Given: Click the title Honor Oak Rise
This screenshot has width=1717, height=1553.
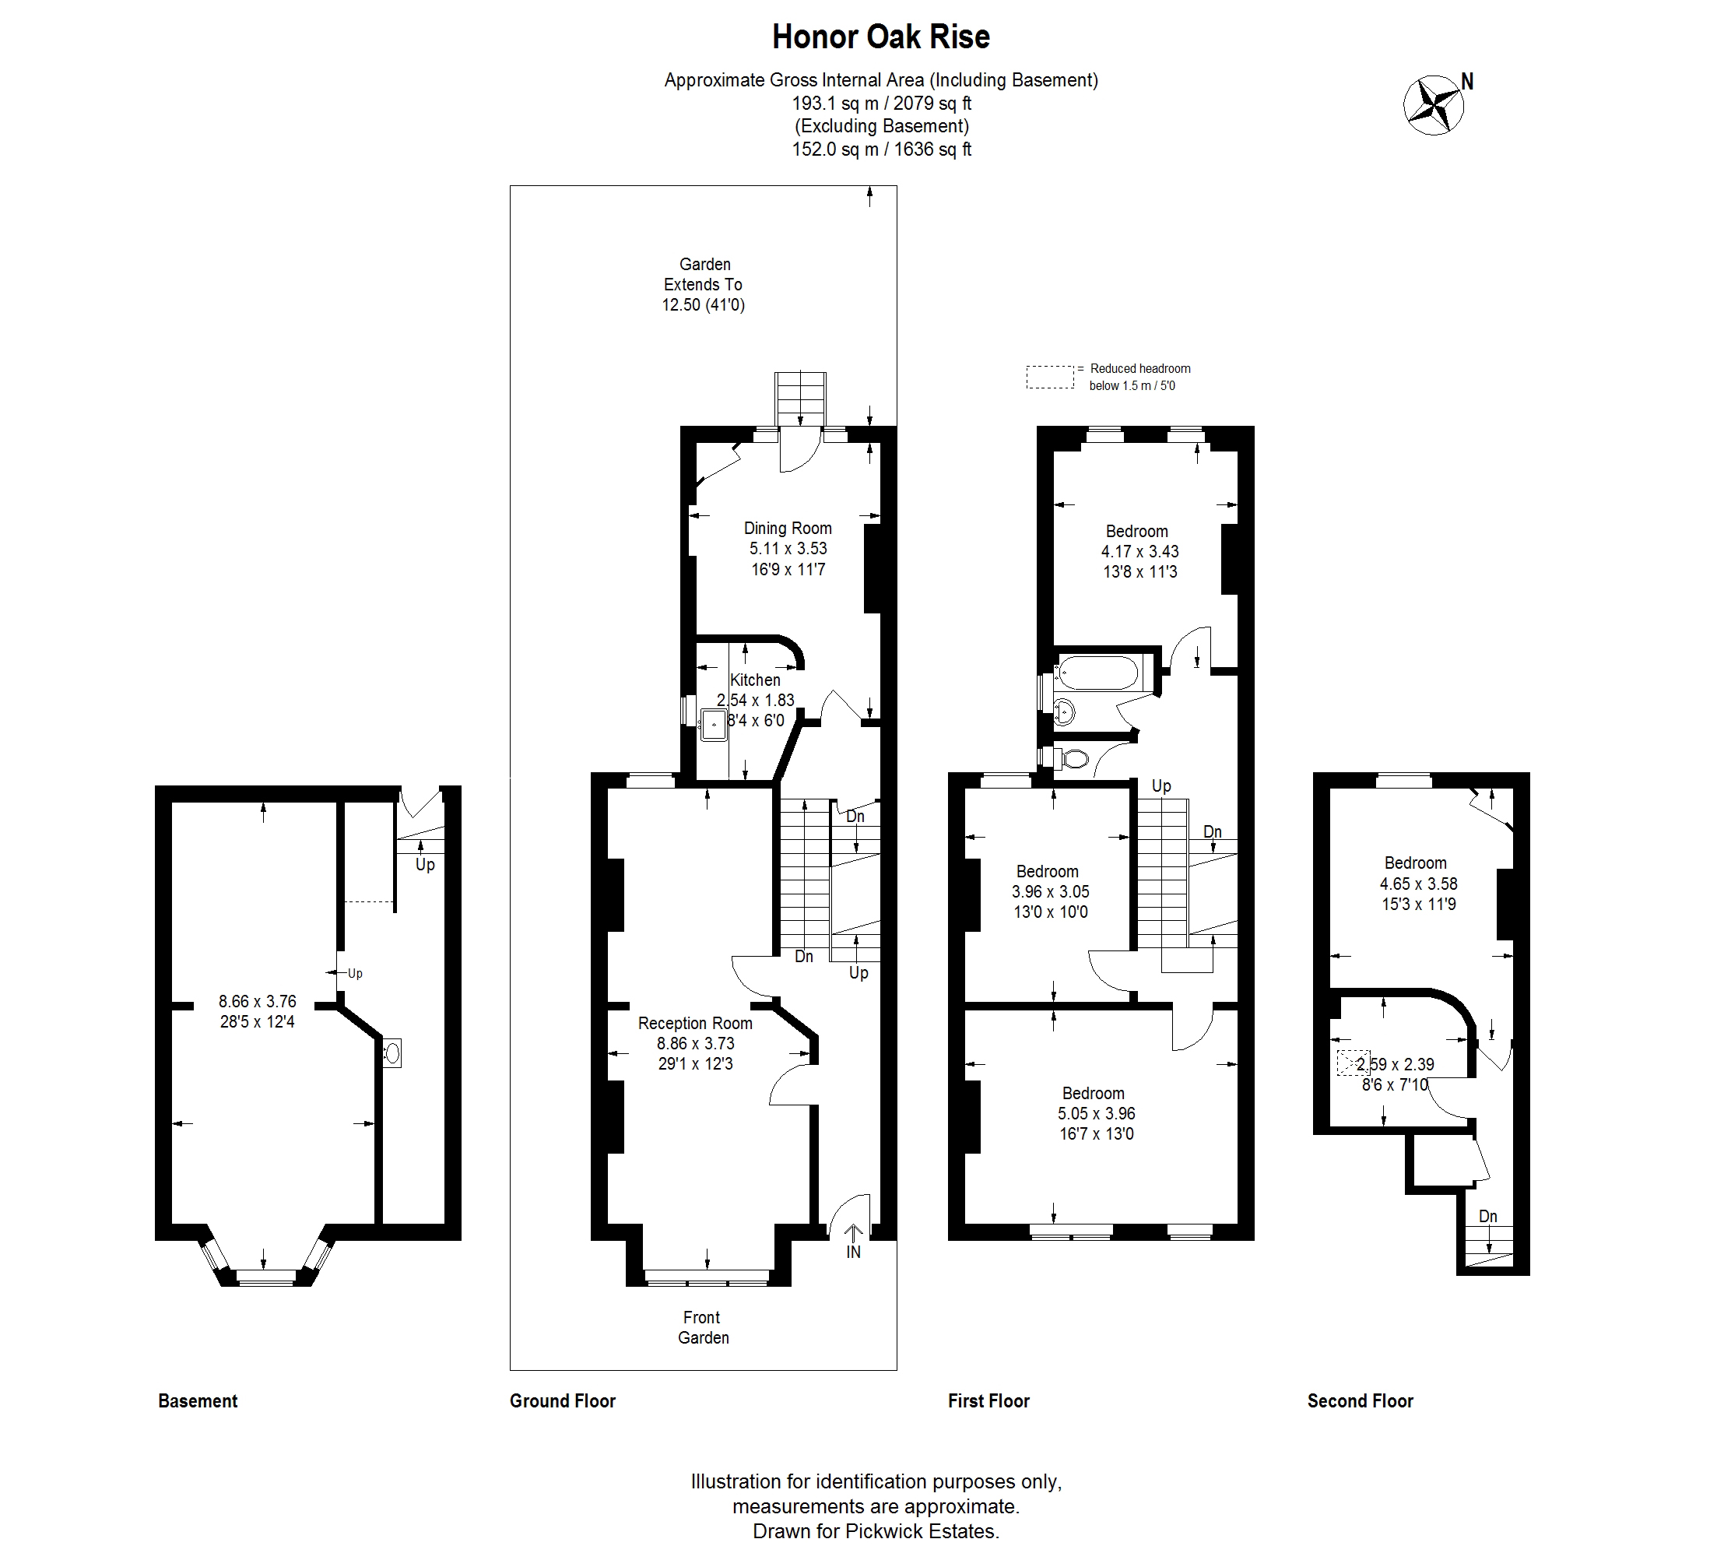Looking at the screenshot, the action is point(880,37).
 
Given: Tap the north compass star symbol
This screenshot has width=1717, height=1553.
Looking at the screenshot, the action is point(1434,106).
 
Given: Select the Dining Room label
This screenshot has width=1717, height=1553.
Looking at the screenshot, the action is point(788,528).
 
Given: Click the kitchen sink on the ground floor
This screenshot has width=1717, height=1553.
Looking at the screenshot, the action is point(713,725).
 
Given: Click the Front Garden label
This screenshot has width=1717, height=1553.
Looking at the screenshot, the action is point(703,1327).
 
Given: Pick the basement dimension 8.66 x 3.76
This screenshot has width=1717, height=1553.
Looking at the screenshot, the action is point(257,1002).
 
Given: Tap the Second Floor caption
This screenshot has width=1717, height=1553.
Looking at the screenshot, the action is point(1361,1401).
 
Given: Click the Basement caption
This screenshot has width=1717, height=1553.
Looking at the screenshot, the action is point(198,1401).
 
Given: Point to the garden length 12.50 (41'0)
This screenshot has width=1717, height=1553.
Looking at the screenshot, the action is point(704,305).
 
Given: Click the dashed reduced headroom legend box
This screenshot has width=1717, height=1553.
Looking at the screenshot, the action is point(1050,378).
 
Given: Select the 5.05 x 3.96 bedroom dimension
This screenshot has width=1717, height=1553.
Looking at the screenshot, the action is point(1096,1113).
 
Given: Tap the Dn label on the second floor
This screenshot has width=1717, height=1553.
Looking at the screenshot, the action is point(1488,1217).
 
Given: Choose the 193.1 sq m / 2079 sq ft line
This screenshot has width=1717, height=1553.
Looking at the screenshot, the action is point(882,103).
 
